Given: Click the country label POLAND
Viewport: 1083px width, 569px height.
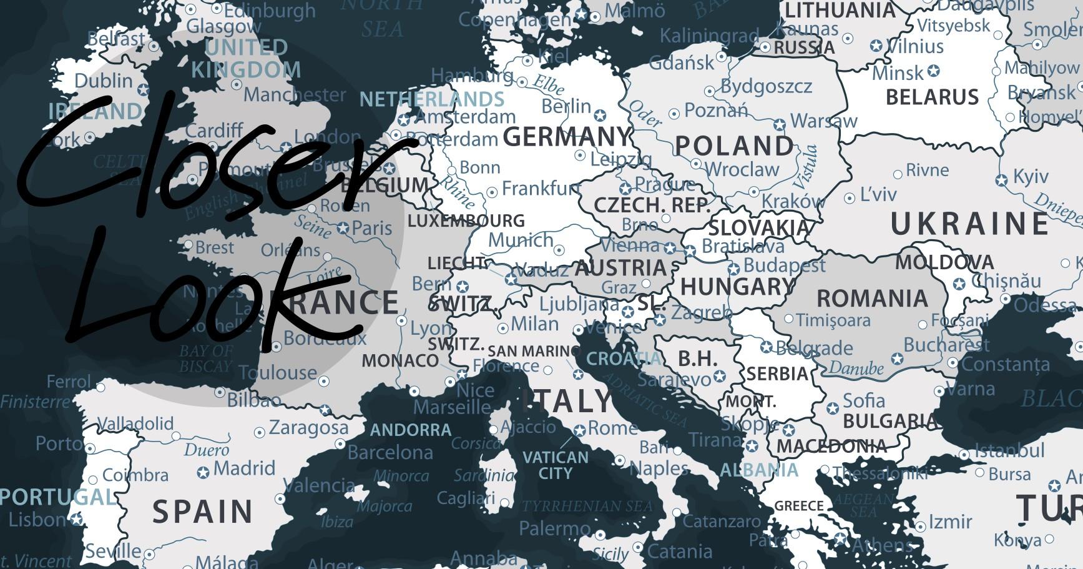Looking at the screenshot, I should pyautogui.click(x=734, y=146).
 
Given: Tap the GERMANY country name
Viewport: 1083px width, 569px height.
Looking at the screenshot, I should pyautogui.click(x=567, y=136).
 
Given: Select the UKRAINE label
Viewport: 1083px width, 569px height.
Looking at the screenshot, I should pyautogui.click(x=969, y=224).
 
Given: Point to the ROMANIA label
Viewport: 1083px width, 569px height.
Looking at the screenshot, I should pyautogui.click(x=872, y=299).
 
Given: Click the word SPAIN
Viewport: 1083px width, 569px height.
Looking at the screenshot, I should pyautogui.click(x=203, y=512).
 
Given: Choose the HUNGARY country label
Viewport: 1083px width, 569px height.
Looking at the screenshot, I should pyautogui.click(x=737, y=287).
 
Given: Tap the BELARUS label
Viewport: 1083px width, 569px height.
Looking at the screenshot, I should pyautogui.click(x=933, y=97).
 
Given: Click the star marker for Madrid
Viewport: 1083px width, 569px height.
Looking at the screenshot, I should pyautogui.click(x=203, y=472).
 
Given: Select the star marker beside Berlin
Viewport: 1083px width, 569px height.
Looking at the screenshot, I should pyautogui.click(x=600, y=116).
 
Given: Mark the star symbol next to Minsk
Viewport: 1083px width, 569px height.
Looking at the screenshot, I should pyautogui.click(x=933, y=71).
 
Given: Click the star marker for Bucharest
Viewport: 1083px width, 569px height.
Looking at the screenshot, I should pyautogui.click(x=897, y=359).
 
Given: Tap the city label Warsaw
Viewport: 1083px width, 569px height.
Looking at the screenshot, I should pyautogui.click(x=824, y=120).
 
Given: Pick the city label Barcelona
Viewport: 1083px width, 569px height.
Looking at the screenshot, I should pyautogui.click(x=390, y=452).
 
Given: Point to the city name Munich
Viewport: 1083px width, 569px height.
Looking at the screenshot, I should pyautogui.click(x=521, y=240).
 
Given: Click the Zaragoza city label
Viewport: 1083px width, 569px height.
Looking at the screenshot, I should pyautogui.click(x=308, y=428).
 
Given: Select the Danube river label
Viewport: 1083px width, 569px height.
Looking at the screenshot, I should pyautogui.click(x=856, y=368).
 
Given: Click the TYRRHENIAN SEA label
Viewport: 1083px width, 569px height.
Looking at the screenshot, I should pyautogui.click(x=587, y=505).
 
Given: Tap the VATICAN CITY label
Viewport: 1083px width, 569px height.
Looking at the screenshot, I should pyautogui.click(x=555, y=465).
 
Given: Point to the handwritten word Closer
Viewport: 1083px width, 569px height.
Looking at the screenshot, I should pyautogui.click(x=212, y=162).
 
